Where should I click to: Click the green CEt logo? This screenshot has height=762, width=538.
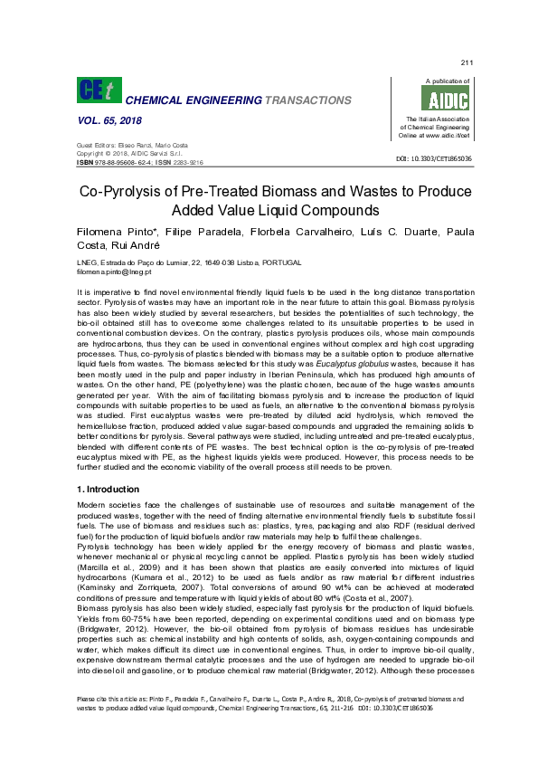click(x=98, y=89)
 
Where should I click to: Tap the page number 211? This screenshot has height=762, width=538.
click(x=467, y=62)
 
